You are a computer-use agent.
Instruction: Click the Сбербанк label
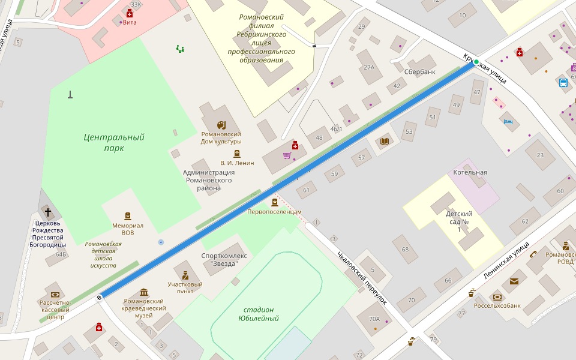[x=419, y=72]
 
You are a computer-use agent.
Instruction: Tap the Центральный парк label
[x=113, y=142]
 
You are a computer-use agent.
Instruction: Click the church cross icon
[x=48, y=212]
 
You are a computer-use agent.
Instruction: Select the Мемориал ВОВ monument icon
[x=127, y=216]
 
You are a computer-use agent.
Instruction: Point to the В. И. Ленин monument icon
[x=236, y=154]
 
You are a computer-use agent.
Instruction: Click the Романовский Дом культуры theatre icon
[x=221, y=125]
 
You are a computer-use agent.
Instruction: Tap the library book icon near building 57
[x=385, y=141]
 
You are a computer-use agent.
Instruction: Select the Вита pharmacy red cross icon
[x=129, y=13]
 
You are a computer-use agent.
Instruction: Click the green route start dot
[x=476, y=62]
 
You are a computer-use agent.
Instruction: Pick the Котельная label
[x=470, y=172]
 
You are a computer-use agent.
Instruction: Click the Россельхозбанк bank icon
[x=497, y=297]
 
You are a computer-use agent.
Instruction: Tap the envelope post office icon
[x=514, y=281]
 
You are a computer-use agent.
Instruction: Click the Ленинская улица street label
[x=506, y=261]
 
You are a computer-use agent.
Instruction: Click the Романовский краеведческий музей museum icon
[x=145, y=292]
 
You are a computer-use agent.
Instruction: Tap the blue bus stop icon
[x=563, y=83]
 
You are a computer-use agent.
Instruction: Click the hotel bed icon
[x=509, y=122]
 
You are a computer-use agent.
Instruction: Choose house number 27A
[x=368, y=68]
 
